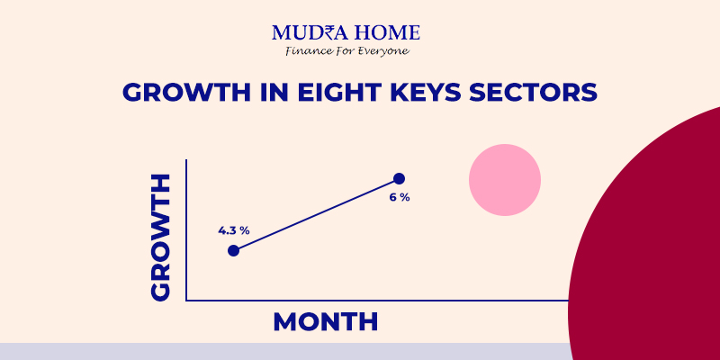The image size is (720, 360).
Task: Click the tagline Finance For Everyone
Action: [346, 51]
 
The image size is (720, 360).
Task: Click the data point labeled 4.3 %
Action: [234, 251]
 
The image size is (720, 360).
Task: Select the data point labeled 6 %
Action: [399, 178]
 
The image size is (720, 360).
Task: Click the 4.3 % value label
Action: [234, 230]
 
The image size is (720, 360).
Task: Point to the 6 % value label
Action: [400, 198]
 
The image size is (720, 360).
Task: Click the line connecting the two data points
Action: [317, 214]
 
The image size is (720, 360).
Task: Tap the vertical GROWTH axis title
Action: [160, 238]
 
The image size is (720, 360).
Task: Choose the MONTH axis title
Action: [326, 322]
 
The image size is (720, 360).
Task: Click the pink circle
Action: [505, 180]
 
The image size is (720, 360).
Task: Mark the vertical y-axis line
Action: [186, 230]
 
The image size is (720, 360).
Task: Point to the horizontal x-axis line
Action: [377, 301]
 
